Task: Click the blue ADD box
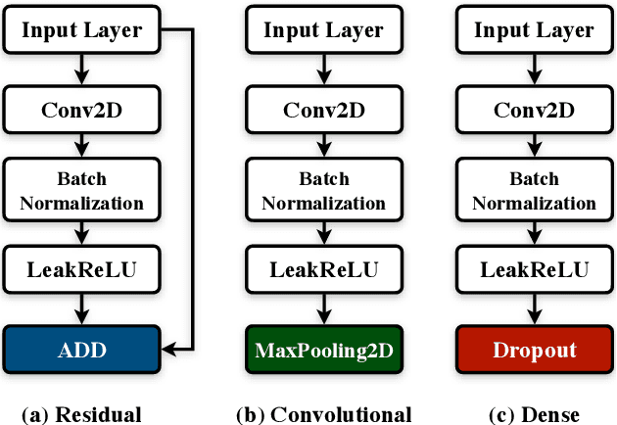82,350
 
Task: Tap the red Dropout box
534,350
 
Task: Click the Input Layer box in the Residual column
82,30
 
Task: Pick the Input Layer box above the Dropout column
534,30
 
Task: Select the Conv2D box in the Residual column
82,109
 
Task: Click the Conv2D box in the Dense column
534,109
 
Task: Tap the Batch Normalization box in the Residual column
82,191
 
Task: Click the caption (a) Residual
82,413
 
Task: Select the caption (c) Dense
534,413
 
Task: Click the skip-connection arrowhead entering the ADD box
168,348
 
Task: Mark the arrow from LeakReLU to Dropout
534,311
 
